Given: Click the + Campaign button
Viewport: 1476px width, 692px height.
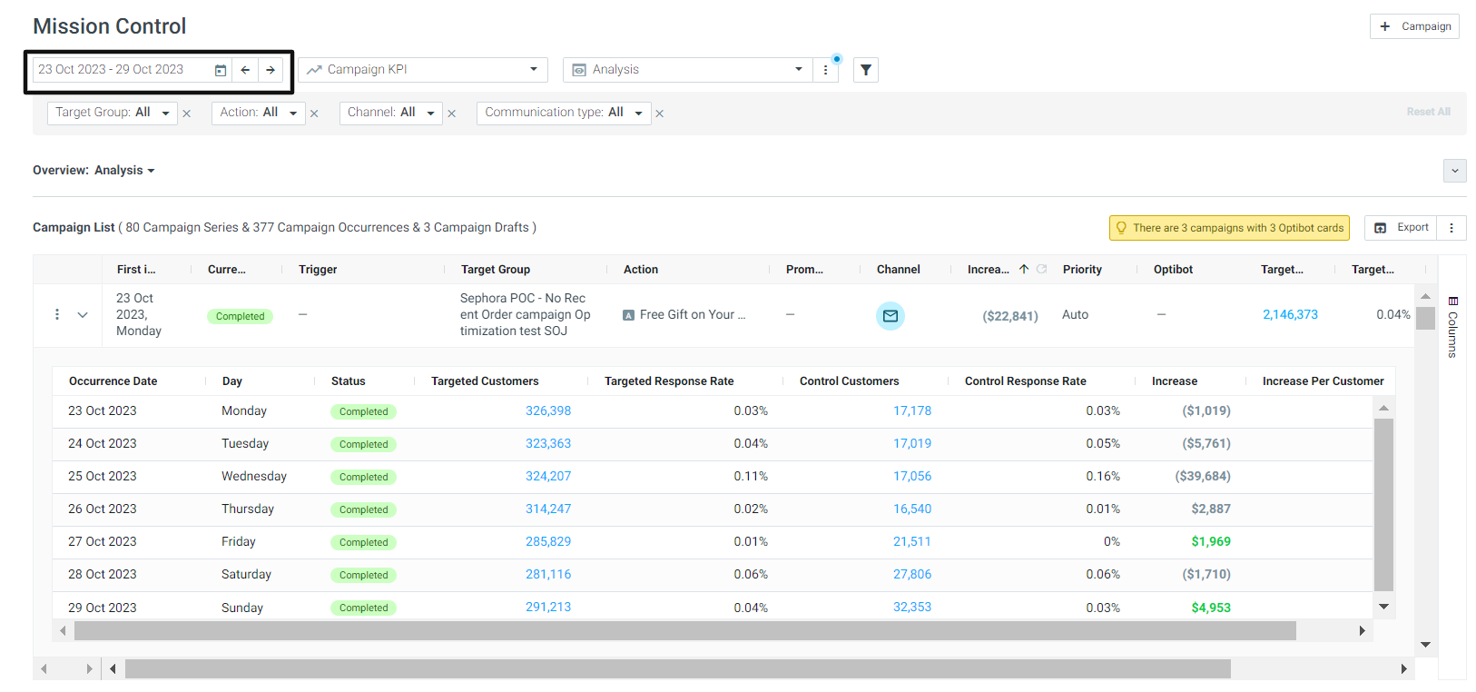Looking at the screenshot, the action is click(1414, 26).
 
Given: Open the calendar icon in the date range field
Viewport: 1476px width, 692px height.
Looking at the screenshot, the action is click(220, 70).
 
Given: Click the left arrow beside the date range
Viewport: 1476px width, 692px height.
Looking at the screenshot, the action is click(245, 70).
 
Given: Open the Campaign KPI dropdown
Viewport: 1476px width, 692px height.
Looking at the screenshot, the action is click(423, 70).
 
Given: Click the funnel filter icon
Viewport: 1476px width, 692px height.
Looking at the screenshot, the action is click(866, 70).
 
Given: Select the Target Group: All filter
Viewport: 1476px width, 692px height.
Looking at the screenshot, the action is click(112, 113).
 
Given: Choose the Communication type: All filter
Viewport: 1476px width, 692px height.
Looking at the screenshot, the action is click(564, 113).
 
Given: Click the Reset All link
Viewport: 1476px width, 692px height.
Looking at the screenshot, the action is click(1428, 112).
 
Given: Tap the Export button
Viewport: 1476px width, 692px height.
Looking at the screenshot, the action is click(1401, 227).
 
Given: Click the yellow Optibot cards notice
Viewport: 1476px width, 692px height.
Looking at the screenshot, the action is click(1229, 228).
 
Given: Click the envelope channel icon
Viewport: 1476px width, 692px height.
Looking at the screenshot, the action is click(891, 316).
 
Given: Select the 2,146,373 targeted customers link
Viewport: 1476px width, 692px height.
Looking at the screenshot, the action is click(1290, 315).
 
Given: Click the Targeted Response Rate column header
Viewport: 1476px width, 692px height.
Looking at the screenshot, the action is click(669, 381).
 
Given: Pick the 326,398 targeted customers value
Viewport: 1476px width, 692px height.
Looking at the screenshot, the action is click(548, 410).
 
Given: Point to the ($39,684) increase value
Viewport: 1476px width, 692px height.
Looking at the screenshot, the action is click(1203, 476).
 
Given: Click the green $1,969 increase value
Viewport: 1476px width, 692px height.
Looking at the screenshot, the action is click(1210, 541).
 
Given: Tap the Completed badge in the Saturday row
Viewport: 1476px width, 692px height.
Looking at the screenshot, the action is click(363, 575).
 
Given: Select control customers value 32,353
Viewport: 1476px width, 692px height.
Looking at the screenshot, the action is click(912, 607).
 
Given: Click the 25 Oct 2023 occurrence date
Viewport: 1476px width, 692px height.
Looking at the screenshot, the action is click(103, 476).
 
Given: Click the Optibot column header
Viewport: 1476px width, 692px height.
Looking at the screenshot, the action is click(1173, 270).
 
